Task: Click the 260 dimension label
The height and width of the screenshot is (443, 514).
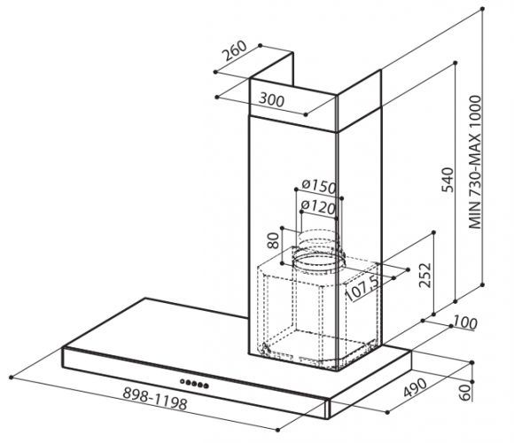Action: point(235,51)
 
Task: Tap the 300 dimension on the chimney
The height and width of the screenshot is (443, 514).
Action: point(271,100)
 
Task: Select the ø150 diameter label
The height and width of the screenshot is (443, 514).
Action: point(319,186)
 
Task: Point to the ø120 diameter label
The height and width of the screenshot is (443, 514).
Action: point(318,207)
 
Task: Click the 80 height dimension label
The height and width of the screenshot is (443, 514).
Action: point(273,240)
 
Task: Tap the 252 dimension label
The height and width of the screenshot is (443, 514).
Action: point(425,276)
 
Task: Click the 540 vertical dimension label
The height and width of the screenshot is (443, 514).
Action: point(448,180)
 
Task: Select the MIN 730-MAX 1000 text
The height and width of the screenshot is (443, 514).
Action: point(475,162)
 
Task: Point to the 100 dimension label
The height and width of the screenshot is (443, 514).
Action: point(465,323)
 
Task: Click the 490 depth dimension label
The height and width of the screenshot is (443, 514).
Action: point(415,388)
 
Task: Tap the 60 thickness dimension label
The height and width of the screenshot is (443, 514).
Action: point(465,392)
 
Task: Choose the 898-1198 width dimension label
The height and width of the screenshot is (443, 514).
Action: point(155,399)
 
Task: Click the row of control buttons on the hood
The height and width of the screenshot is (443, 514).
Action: point(194,384)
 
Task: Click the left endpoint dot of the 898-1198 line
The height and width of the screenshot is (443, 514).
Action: point(12,377)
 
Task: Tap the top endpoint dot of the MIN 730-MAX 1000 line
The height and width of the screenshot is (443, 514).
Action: point(482,9)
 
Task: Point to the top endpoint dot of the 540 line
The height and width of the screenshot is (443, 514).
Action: point(456,63)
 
